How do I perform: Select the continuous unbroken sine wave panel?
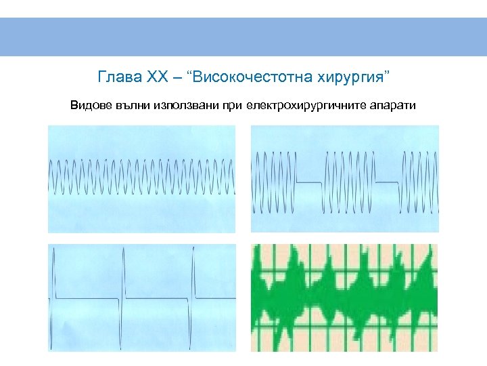(142, 178)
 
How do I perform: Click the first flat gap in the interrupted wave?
(310, 182)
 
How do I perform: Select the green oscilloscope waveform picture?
(344, 298)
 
